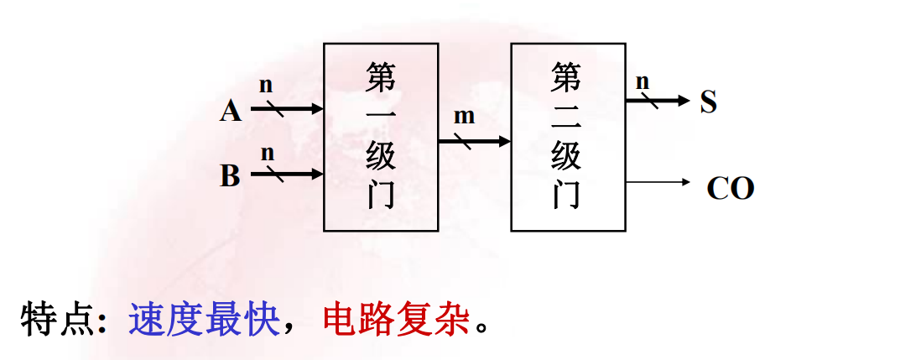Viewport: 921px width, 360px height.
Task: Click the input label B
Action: pos(231,176)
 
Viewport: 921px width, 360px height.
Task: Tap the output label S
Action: pos(709,103)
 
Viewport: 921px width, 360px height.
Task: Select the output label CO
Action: pos(731,189)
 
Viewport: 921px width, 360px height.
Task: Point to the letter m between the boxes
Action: pos(464,117)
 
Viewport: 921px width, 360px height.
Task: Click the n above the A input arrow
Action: pos(266,85)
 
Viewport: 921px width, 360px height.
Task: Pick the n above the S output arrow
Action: pos(643,81)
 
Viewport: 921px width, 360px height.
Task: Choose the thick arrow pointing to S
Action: pos(658,101)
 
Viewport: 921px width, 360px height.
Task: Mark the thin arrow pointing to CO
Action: pos(658,181)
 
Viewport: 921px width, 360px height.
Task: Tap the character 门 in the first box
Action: pos(381,195)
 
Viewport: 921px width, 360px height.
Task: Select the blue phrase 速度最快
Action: pos(204,320)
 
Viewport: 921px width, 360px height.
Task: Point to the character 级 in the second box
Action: pos(566,157)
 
